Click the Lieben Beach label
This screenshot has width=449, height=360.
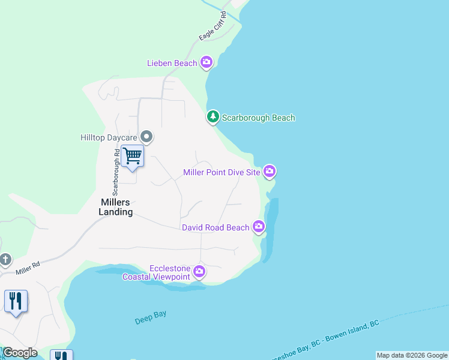click(172, 63)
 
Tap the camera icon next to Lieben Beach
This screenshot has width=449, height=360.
click(206, 62)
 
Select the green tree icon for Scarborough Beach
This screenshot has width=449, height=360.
click(212, 117)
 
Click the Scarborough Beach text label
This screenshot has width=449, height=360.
click(258, 118)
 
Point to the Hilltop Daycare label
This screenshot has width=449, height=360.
click(109, 137)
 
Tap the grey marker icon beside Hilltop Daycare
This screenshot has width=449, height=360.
click(146, 137)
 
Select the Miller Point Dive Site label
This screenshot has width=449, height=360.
click(221, 173)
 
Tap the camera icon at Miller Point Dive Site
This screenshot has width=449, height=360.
click(270, 172)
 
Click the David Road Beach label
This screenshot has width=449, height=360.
click(215, 227)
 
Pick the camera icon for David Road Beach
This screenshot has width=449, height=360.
click(259, 227)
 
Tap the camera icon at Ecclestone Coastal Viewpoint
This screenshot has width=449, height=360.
click(199, 272)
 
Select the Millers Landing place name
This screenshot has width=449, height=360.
click(116, 207)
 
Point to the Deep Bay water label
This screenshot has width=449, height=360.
click(150, 317)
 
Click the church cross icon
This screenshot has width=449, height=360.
click(5, 260)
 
